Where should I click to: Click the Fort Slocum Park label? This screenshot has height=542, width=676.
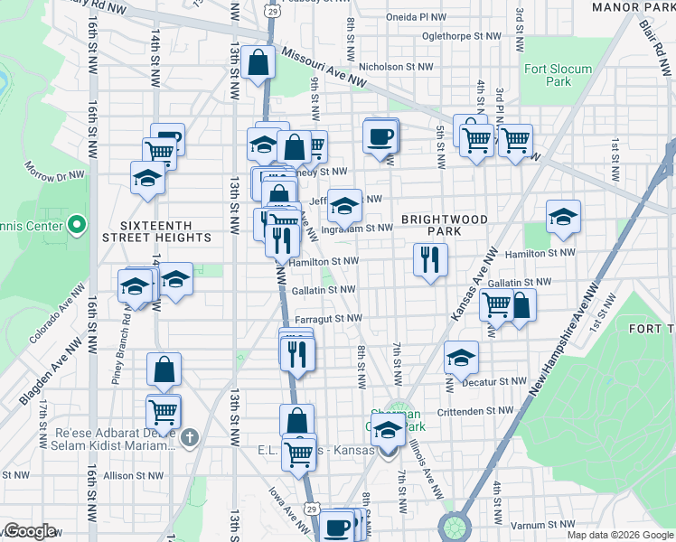point(558,75)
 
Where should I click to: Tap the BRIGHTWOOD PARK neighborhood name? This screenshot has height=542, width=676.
point(445,225)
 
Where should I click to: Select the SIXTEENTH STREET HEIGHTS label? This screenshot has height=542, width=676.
point(165,229)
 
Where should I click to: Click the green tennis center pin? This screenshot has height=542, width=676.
point(77,224)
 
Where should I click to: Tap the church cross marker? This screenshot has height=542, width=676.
point(188,440)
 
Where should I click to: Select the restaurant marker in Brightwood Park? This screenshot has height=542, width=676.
point(429,259)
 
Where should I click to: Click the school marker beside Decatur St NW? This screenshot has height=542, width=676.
point(461,359)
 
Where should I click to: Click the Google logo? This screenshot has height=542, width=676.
point(29,531)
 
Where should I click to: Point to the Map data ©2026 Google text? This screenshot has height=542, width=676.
point(620,535)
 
